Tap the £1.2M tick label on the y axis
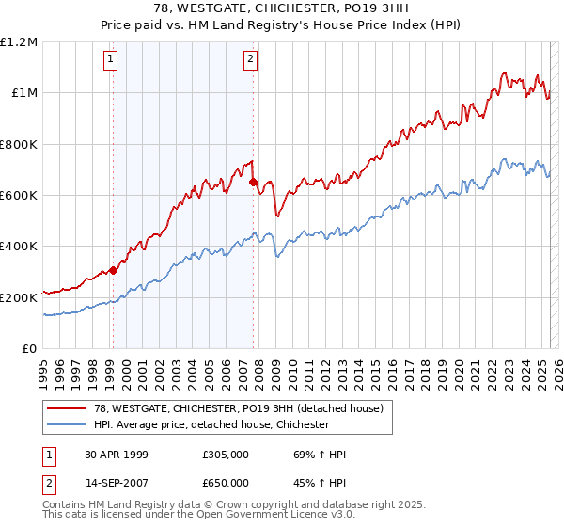click(19, 42)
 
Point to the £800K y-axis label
click(19, 144)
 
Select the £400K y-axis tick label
click(19, 247)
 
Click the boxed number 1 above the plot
click(111, 59)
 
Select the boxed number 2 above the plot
click(251, 59)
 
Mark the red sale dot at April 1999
click(114, 270)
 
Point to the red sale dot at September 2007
click(253, 183)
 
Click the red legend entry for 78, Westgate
click(238, 409)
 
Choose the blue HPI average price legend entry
click(211, 425)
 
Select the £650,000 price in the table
click(226, 482)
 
